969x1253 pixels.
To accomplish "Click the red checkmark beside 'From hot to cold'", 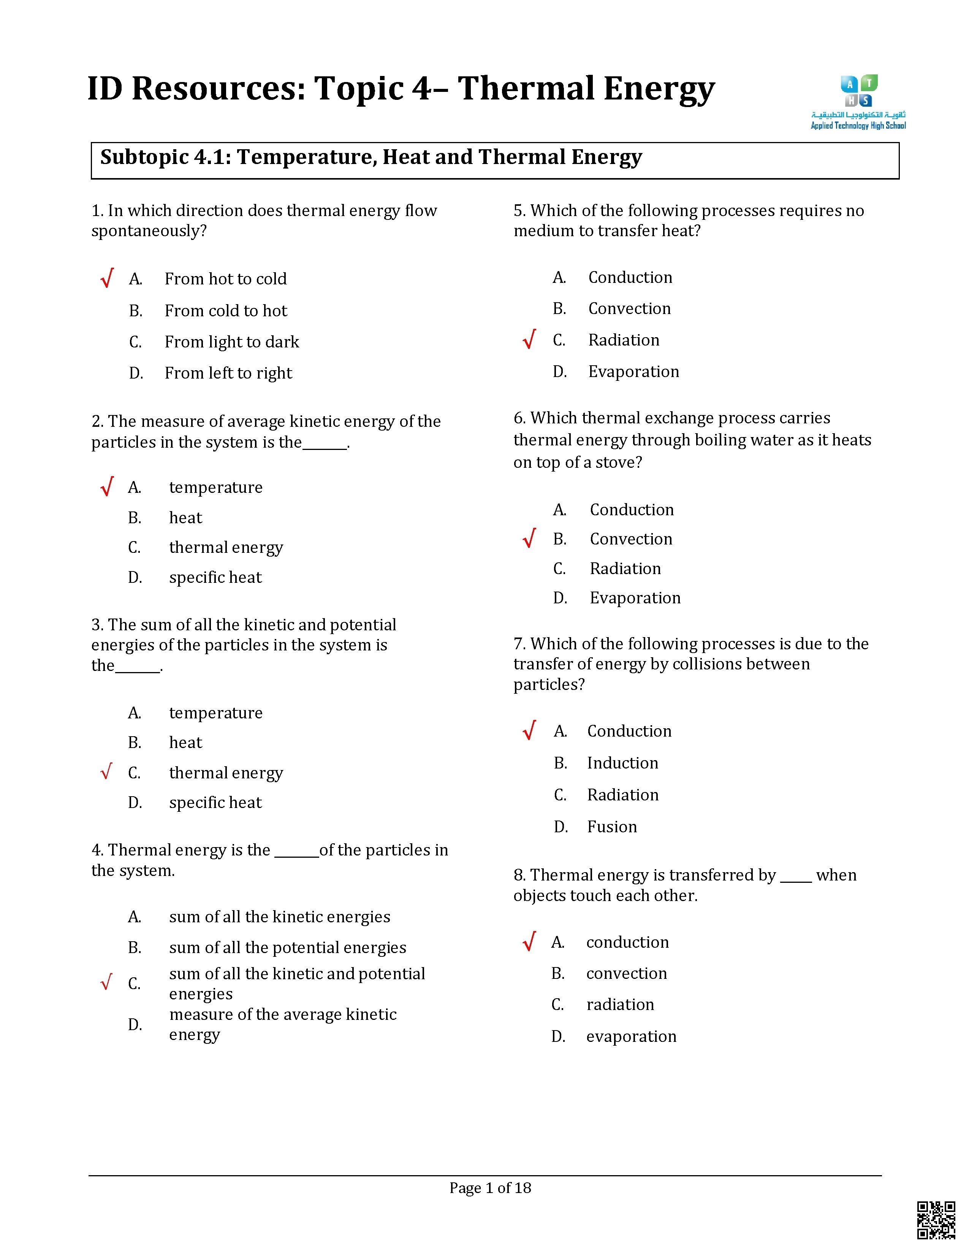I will (x=107, y=278).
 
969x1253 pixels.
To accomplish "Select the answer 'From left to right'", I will (x=228, y=374).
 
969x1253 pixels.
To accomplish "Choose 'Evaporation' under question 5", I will (x=633, y=372).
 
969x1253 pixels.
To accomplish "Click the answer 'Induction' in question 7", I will (x=622, y=763).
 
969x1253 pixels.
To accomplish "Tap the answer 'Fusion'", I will (x=611, y=827).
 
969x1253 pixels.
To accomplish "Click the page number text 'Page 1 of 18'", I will (x=490, y=1188).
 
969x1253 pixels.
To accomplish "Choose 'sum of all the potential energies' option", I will (x=287, y=947).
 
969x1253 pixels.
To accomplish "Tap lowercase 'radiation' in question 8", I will (x=620, y=1005).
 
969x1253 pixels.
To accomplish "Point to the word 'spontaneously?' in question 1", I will (x=149, y=231).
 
